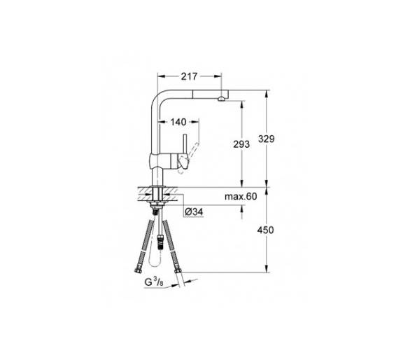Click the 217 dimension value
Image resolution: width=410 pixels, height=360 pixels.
189,76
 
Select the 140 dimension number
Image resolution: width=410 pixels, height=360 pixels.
178,122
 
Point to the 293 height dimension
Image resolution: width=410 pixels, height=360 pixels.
241,144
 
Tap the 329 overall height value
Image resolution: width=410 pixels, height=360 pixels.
266,139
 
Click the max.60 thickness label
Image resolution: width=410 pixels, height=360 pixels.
241,196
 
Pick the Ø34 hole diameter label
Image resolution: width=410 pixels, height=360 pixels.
194,212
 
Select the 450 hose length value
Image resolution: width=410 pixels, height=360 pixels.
266,230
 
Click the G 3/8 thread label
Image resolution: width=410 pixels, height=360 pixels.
154,282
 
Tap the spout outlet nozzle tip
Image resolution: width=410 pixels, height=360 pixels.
221,99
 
